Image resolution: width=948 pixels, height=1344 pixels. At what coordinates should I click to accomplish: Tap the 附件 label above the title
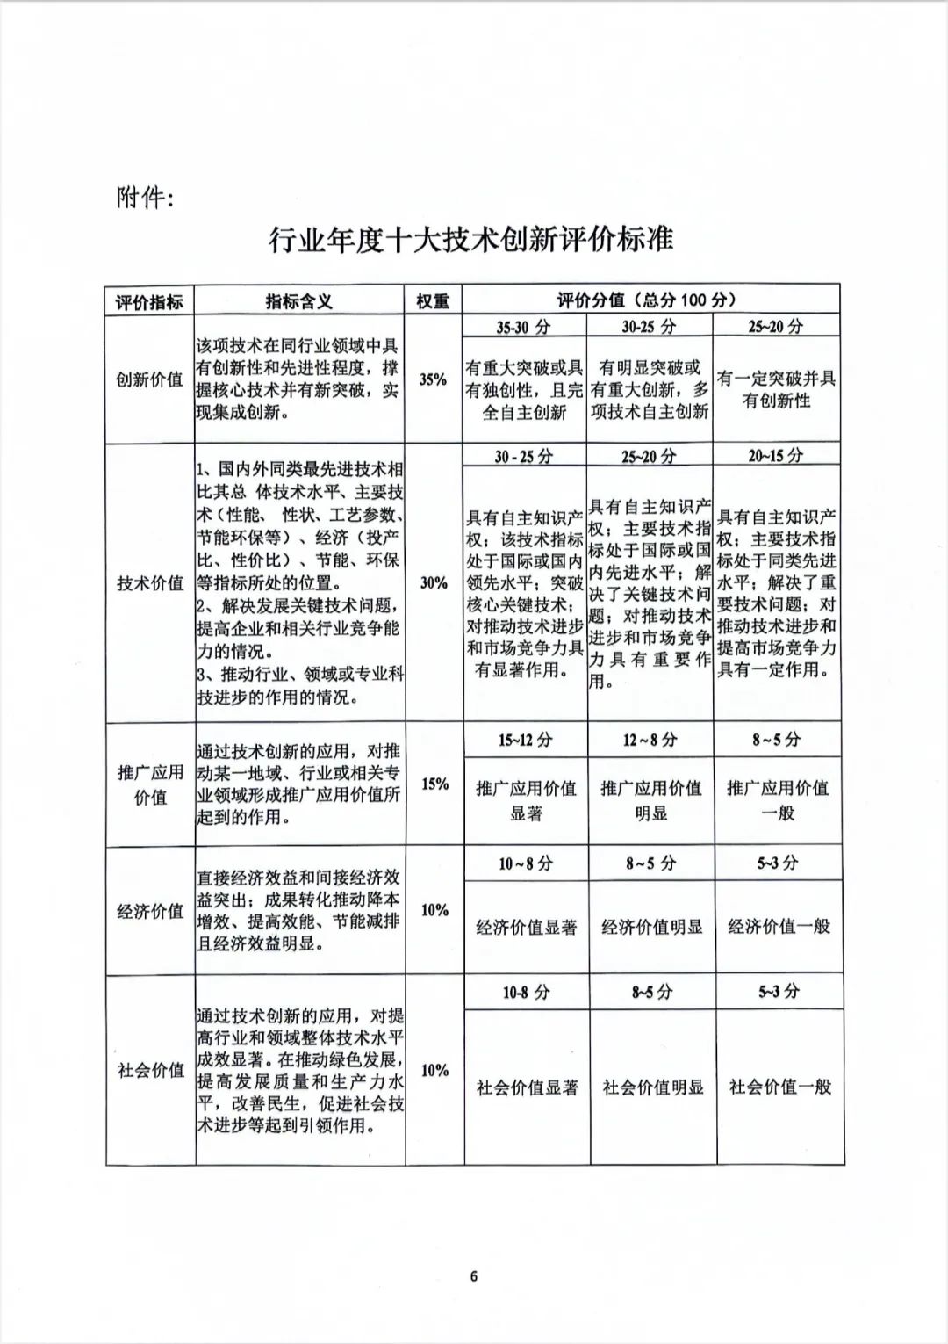[145, 199]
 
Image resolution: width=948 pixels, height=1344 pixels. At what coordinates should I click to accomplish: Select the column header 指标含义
[299, 301]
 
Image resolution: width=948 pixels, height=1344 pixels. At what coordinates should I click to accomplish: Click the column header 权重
[433, 301]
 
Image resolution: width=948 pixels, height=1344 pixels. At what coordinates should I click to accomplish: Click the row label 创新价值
[149, 379]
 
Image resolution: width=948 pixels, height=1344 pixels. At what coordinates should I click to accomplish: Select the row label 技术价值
[150, 583]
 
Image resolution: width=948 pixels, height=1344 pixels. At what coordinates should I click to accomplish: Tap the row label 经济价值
[150, 911]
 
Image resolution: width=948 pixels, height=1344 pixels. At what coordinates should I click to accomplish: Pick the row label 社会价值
[150, 1070]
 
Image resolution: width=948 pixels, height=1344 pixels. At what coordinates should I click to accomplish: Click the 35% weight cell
[433, 379]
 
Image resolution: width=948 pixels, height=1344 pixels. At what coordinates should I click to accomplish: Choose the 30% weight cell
[434, 582]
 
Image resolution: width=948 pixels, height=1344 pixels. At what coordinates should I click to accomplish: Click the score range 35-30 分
[523, 327]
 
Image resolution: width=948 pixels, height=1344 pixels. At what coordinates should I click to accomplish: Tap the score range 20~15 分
[775, 455]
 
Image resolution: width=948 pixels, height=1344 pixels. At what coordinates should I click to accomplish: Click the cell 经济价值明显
[651, 927]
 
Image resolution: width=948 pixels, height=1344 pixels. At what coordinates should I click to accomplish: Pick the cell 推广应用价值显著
[526, 800]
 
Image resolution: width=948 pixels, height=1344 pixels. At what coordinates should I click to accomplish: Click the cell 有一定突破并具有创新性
[776, 389]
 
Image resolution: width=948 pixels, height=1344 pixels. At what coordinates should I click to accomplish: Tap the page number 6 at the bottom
[474, 1277]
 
